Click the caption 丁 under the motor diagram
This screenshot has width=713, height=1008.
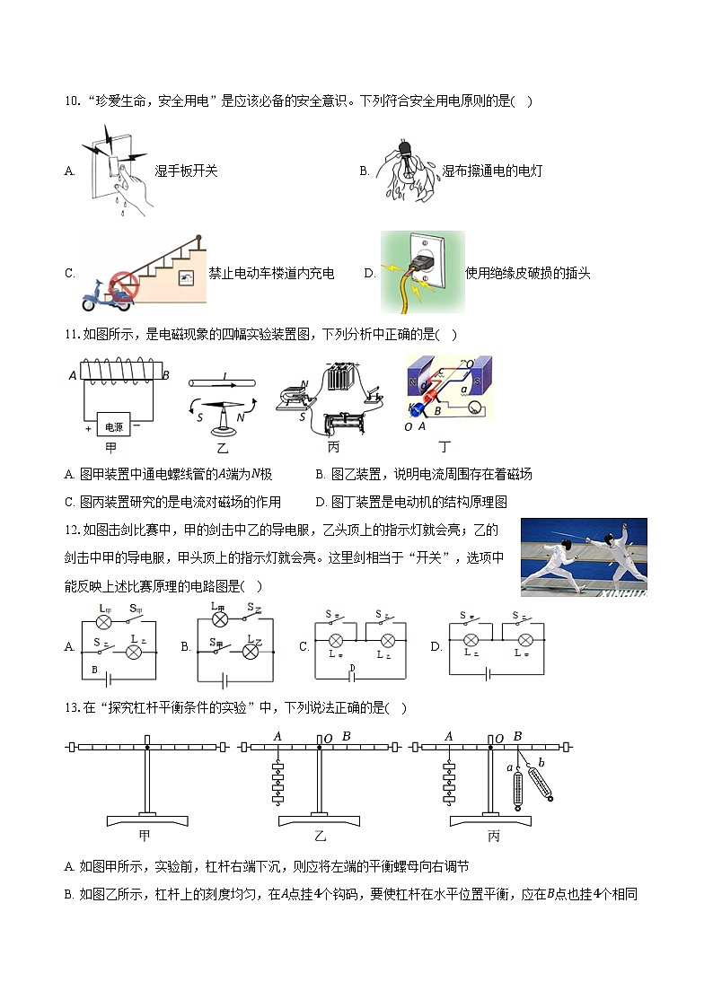(444, 446)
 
